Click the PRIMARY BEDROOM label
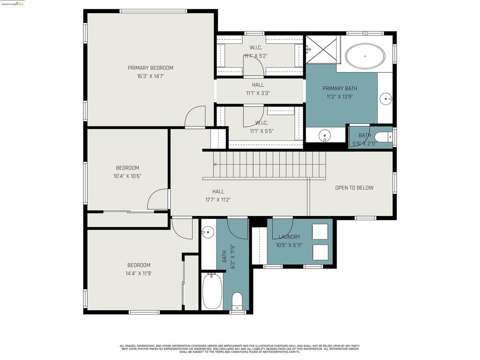150,68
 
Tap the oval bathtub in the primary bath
365,56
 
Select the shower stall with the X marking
321,50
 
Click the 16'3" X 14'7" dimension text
150,76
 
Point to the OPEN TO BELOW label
354,188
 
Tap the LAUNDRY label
289,237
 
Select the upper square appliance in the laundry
320,232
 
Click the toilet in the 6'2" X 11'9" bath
237,300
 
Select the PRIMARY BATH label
340,89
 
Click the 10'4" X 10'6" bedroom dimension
127,176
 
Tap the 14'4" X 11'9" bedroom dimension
139,273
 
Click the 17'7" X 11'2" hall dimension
218,200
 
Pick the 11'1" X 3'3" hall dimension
258,93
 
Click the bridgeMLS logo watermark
12,4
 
